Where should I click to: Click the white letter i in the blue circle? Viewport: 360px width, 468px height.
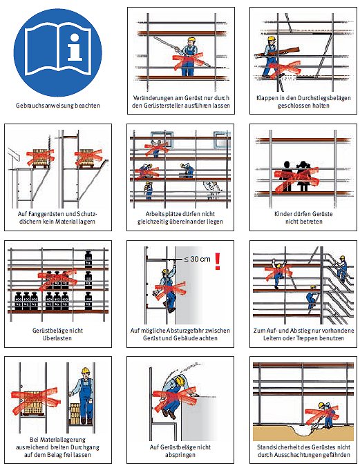click(75, 47)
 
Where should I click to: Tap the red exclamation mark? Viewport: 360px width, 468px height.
click(218, 261)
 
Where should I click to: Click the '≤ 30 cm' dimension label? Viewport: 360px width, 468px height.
click(197, 259)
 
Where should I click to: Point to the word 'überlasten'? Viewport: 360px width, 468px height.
click(57, 338)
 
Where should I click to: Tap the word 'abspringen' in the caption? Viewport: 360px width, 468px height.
click(180, 455)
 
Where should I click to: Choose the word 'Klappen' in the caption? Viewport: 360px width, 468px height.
click(266, 98)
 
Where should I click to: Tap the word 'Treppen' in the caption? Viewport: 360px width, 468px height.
click(307, 338)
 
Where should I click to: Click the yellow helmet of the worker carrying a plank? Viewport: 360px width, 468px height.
click(271, 39)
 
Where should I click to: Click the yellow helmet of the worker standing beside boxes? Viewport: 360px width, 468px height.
click(86, 371)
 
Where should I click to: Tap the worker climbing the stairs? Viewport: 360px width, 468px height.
click(342, 268)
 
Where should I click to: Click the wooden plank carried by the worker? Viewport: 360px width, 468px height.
click(277, 52)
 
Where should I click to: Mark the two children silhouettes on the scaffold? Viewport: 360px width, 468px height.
click(295, 176)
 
